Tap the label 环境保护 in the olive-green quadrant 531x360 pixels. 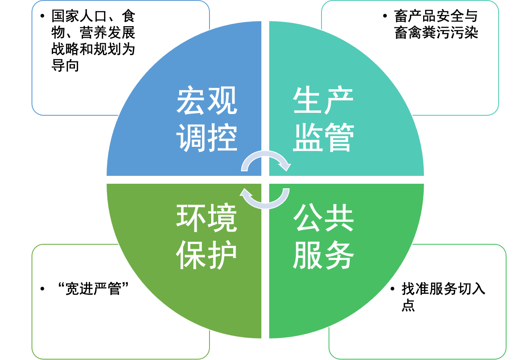click(207, 237)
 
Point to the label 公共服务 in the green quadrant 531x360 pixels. click(323, 237)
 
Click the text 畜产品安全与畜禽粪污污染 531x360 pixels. click(436, 24)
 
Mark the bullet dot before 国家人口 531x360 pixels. click(42, 17)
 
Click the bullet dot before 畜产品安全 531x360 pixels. click(385, 17)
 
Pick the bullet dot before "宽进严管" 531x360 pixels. click(42, 289)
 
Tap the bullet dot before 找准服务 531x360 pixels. click(392, 289)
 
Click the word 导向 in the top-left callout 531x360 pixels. click(65, 66)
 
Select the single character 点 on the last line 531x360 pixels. click(408, 306)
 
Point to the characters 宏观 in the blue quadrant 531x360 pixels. click(207, 102)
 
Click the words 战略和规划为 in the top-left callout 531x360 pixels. click(93, 49)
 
